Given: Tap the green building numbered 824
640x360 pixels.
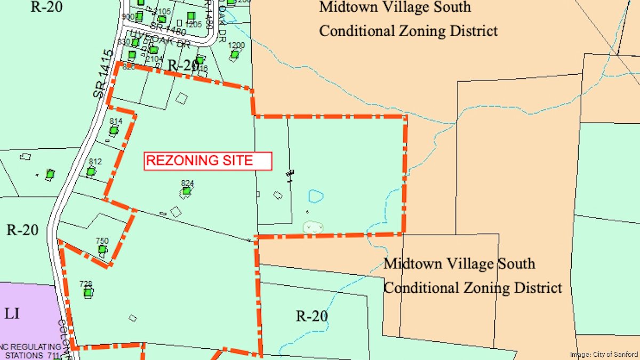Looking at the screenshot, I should click(x=187, y=191).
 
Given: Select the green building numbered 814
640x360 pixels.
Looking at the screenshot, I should click(x=114, y=130).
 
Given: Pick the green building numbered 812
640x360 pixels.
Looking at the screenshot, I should click(x=91, y=171).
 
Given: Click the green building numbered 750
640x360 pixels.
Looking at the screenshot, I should click(x=102, y=249).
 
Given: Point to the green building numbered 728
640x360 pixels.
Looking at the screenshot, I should click(x=88, y=292).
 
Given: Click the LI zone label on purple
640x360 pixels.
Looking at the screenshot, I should click(x=12, y=313).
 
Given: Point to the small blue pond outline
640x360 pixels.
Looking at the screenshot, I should click(x=316, y=196).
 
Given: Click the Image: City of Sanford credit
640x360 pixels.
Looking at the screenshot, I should click(x=603, y=355).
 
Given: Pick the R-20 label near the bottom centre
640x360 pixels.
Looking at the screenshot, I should click(x=312, y=316).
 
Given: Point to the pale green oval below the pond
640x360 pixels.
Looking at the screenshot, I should click(x=314, y=227).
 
